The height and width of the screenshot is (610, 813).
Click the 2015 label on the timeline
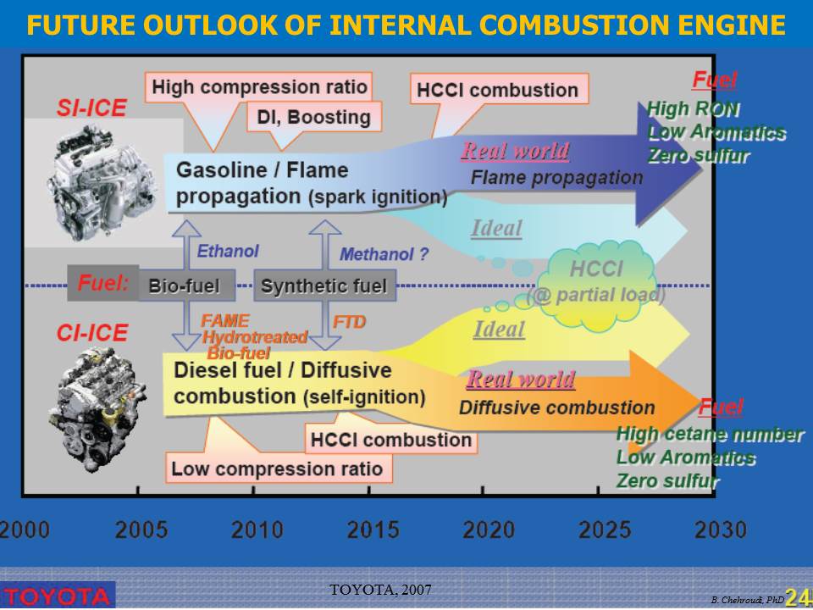tap(373, 530)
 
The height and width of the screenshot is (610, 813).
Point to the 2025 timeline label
tap(605, 530)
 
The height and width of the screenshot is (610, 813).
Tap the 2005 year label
tap(141, 530)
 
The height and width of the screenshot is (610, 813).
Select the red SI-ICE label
tap(91, 108)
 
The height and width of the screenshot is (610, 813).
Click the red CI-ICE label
tap(91, 332)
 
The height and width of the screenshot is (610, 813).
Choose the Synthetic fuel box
tap(324, 286)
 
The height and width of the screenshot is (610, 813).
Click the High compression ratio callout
tap(259, 87)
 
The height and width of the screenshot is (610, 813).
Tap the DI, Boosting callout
tap(313, 117)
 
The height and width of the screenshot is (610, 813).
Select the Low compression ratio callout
tap(279, 469)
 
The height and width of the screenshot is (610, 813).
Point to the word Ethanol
tap(228, 251)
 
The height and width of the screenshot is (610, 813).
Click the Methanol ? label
tap(384, 254)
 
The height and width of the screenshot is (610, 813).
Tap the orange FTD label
tap(349, 322)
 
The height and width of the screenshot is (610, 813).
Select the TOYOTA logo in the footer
tap(57, 596)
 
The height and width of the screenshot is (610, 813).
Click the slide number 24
tap(798, 597)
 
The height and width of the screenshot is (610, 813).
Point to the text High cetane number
tap(710, 434)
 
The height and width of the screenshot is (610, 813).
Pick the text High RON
tap(694, 109)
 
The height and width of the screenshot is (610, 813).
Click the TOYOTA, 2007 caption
tap(380, 590)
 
